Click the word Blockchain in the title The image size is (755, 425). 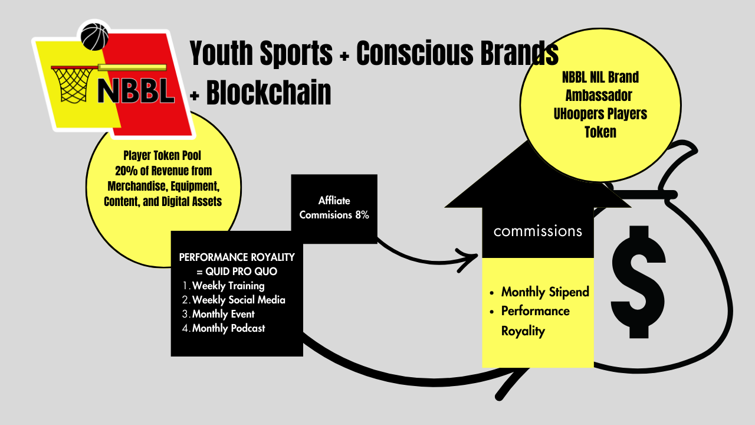(x=268, y=93)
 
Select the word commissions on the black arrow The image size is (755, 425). (x=537, y=231)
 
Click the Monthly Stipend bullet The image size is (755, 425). (x=544, y=292)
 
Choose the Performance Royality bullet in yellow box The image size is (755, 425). (x=535, y=321)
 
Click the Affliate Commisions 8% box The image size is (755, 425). (x=334, y=208)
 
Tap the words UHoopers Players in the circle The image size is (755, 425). (x=600, y=114)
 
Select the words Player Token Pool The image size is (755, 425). (x=163, y=156)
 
